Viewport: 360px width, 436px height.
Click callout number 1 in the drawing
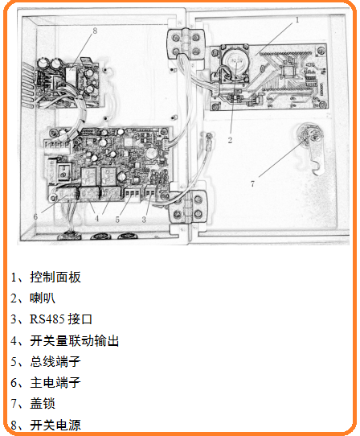click(x=297, y=20)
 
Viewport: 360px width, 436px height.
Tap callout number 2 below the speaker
click(x=230, y=140)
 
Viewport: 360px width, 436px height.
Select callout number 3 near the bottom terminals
click(x=144, y=220)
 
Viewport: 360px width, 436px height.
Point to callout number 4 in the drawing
click(x=96, y=219)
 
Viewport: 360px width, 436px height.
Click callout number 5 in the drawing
click(x=117, y=220)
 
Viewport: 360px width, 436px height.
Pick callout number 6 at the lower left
click(x=35, y=216)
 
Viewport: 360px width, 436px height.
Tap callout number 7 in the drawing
click(x=252, y=183)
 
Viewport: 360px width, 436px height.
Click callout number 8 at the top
click(x=95, y=31)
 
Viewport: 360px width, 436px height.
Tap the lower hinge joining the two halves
click(x=188, y=206)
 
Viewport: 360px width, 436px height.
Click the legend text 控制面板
click(x=55, y=278)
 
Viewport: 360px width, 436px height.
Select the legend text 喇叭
click(x=43, y=298)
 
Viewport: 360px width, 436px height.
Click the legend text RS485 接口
click(x=61, y=319)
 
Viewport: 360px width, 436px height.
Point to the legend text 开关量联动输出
click(x=75, y=340)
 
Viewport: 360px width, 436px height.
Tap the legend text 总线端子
click(x=55, y=361)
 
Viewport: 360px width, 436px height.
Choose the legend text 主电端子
click(x=55, y=383)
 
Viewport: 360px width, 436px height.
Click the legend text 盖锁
click(x=43, y=404)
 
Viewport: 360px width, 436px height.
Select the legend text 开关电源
click(x=55, y=425)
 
